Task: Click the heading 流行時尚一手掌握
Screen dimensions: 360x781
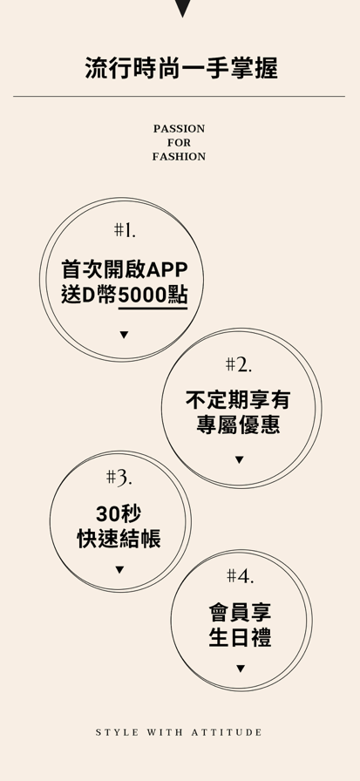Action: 181,69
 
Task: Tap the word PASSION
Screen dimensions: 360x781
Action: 179,129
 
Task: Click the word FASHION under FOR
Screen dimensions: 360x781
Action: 179,157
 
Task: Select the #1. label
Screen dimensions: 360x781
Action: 125,230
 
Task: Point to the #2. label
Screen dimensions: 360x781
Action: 239,365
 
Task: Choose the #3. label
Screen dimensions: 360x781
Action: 119,479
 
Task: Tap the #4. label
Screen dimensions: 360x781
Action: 241,576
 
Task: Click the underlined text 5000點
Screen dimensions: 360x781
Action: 153,295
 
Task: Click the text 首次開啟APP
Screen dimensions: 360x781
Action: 125,270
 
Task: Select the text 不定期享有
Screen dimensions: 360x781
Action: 238,399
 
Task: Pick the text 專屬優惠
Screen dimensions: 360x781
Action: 238,424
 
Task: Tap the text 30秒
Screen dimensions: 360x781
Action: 119,513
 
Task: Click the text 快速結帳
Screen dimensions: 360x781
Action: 119,539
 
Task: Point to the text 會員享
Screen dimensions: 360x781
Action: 240,612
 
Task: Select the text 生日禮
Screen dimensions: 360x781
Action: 240,637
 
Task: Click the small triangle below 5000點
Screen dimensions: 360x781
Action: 124,335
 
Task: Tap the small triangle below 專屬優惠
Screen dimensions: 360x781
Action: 239,459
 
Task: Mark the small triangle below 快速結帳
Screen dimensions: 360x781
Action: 119,569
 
